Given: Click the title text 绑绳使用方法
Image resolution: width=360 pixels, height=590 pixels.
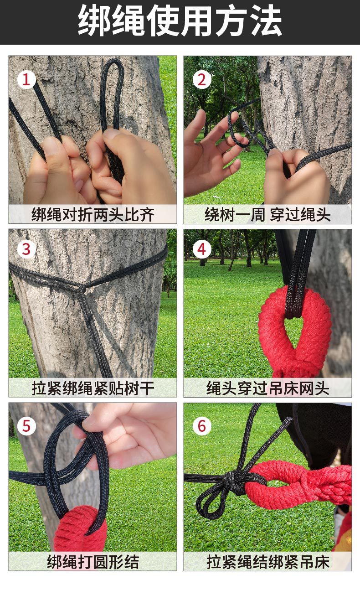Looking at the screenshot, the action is [180, 21].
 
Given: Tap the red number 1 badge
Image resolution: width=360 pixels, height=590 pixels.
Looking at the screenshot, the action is [26, 79].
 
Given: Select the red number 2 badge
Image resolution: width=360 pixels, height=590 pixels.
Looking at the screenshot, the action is [202, 79].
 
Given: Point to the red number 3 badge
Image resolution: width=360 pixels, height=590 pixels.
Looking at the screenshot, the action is [26, 249].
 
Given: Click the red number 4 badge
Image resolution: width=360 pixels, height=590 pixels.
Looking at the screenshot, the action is [202, 249].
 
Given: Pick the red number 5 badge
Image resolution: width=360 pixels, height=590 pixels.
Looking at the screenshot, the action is [26, 426].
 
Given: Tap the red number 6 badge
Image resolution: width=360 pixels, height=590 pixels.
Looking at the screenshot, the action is [202, 426].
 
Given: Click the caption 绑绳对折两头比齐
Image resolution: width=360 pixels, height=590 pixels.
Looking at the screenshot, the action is [93, 215].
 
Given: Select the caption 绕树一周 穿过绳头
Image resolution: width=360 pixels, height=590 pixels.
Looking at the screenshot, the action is [267, 215].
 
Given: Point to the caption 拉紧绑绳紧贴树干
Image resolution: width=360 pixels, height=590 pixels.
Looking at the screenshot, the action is [93, 388].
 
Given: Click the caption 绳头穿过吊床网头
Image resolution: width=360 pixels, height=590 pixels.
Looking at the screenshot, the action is [267, 388].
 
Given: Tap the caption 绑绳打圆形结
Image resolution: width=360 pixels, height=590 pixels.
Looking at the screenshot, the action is [93, 562].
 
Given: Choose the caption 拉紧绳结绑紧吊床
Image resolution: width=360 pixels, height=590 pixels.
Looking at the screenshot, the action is [267, 562].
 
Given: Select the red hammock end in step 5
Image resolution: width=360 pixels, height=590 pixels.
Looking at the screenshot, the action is [81, 527].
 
